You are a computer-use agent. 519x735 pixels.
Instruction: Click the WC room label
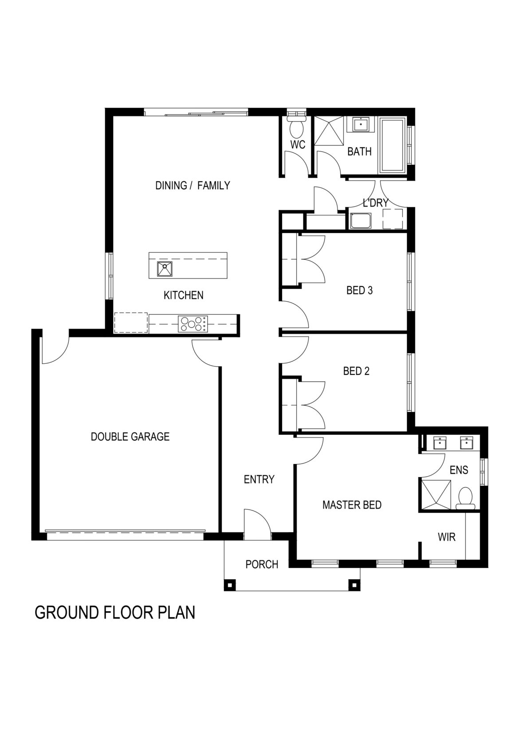(x=298, y=145)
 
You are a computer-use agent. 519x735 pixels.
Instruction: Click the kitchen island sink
(x=165, y=269)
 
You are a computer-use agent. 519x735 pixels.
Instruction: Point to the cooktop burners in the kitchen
(x=193, y=323)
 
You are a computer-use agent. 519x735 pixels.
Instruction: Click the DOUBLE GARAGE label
(x=130, y=437)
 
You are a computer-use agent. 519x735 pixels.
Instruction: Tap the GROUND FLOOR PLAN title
(x=115, y=612)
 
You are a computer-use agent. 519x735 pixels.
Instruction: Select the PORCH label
(x=262, y=564)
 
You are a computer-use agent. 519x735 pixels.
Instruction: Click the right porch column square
(x=354, y=585)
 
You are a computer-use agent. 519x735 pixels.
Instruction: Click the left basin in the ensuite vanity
(x=440, y=443)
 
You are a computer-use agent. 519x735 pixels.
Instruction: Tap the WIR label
(x=446, y=537)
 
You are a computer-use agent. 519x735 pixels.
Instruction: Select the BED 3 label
(x=359, y=290)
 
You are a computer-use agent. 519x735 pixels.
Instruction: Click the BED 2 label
(x=356, y=371)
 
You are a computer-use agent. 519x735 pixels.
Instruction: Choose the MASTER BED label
(x=352, y=505)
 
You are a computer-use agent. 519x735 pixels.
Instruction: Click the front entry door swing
(x=257, y=524)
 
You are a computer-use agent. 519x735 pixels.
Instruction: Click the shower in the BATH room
(x=329, y=130)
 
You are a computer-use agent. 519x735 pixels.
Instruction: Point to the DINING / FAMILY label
(x=193, y=185)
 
